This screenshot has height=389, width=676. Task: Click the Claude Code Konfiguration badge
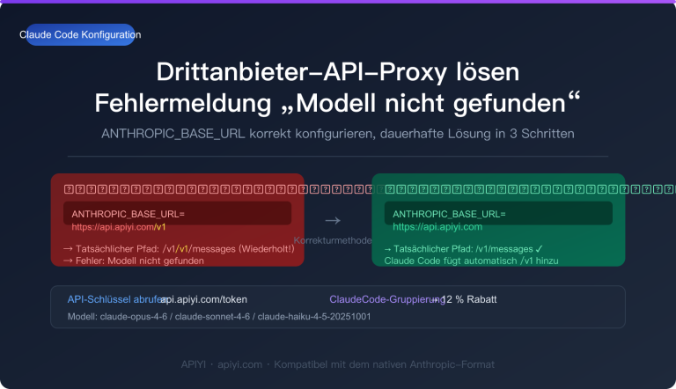79,34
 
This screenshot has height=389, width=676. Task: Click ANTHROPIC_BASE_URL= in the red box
128,214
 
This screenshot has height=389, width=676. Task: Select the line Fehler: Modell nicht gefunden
140,261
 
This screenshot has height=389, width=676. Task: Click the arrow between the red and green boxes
333,220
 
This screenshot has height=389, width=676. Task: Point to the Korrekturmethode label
333,240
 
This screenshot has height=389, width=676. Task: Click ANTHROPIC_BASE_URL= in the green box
449,214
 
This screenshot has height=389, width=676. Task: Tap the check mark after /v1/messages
538,249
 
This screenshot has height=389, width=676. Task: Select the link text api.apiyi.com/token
203,299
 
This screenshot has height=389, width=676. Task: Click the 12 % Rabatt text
470,299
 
